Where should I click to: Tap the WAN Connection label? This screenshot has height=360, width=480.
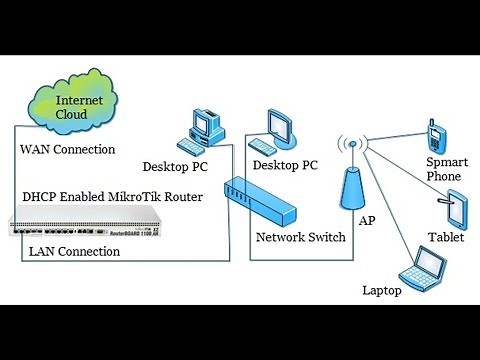(68, 149)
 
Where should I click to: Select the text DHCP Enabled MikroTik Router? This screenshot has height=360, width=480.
(112, 197)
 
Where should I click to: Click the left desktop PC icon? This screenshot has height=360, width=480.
(204, 128)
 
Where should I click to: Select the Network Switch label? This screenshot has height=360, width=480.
(300, 237)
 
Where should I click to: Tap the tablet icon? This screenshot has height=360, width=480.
(456, 208)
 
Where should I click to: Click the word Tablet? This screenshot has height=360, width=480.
(446, 238)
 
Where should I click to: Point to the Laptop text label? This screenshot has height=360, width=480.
(382, 291)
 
